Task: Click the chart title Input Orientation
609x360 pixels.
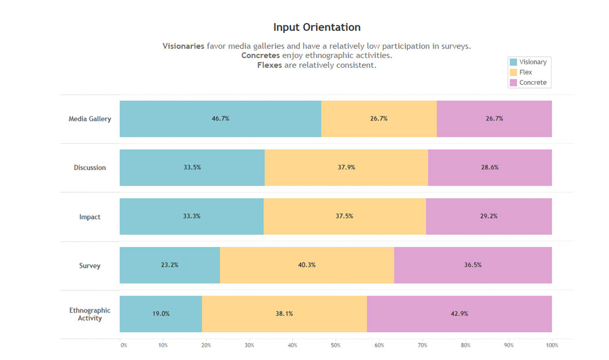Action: pyautogui.click(x=317, y=27)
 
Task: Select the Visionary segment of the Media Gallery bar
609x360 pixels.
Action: pyautogui.click(x=220, y=119)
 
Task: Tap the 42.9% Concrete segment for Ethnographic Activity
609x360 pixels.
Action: pyautogui.click(x=459, y=314)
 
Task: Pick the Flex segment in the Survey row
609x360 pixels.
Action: pyautogui.click(x=307, y=266)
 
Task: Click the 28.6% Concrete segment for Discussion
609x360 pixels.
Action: pyautogui.click(x=490, y=168)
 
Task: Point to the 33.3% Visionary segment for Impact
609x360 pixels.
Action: pyautogui.click(x=191, y=216)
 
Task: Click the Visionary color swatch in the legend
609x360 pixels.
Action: pyautogui.click(x=513, y=62)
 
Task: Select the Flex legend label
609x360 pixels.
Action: pyautogui.click(x=525, y=72)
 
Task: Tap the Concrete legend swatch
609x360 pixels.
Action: pyautogui.click(x=513, y=83)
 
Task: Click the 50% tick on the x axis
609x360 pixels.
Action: pyautogui.click(x=336, y=346)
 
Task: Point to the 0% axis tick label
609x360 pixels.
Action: pyautogui.click(x=124, y=346)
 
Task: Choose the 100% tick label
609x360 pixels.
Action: pyautogui.click(x=552, y=346)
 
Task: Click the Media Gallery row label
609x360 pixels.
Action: pyautogui.click(x=90, y=119)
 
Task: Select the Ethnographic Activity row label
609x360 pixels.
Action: pyautogui.click(x=90, y=314)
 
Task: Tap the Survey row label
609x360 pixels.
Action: pyautogui.click(x=90, y=266)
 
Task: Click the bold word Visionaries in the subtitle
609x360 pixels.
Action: pyautogui.click(x=183, y=46)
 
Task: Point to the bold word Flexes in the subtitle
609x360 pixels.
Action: pyautogui.click(x=270, y=66)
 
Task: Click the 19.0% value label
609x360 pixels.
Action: pyautogui.click(x=161, y=314)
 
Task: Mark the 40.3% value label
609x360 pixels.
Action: pyautogui.click(x=307, y=265)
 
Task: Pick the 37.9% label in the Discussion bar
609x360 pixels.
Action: pyautogui.click(x=346, y=168)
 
